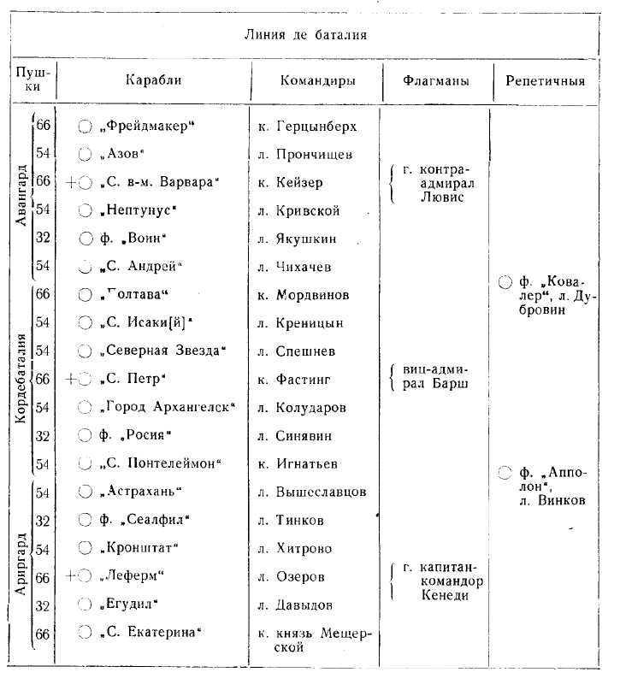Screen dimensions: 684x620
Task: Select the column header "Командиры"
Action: tap(318, 82)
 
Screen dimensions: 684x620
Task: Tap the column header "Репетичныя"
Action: tap(545, 82)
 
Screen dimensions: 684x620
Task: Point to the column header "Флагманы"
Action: tap(436, 82)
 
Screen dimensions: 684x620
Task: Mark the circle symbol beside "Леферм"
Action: tap(85, 576)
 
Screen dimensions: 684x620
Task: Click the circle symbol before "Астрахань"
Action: tap(85, 492)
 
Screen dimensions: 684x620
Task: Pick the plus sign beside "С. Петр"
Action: tap(71, 379)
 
